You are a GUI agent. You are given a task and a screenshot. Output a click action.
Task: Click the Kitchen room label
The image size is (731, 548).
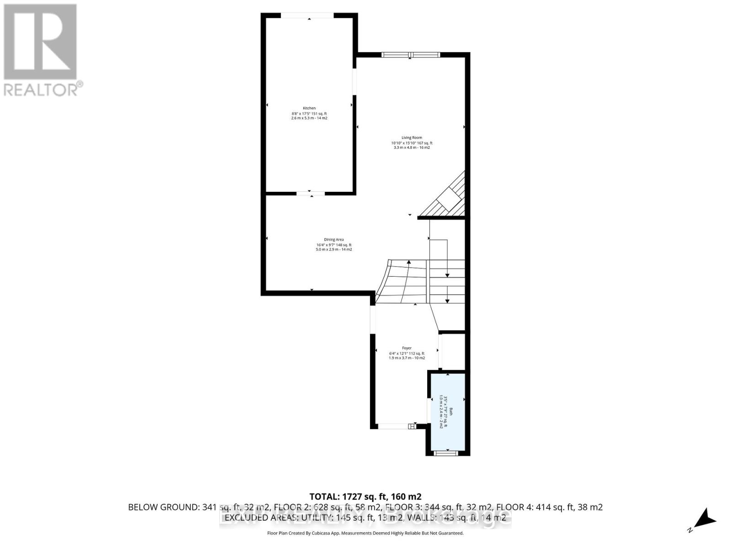pos(309,108)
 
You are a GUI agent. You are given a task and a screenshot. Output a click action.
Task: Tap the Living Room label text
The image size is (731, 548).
pos(412,137)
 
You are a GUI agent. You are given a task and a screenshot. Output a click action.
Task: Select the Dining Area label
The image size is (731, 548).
pos(334,239)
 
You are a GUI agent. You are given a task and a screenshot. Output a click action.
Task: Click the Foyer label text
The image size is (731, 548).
pos(407,348)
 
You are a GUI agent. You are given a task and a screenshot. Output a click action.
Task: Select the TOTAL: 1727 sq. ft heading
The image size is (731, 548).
pos(365,496)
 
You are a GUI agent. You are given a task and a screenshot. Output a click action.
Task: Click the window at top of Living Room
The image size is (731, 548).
pos(411,55)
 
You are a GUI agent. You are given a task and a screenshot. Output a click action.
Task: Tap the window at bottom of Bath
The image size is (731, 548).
pos(446,453)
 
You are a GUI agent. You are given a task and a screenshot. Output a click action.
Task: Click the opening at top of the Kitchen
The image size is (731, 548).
pos(307,16)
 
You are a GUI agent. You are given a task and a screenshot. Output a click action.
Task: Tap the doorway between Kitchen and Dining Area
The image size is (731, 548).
pos(311,194)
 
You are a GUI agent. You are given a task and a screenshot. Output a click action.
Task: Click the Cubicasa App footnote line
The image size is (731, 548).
pos(365,533)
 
